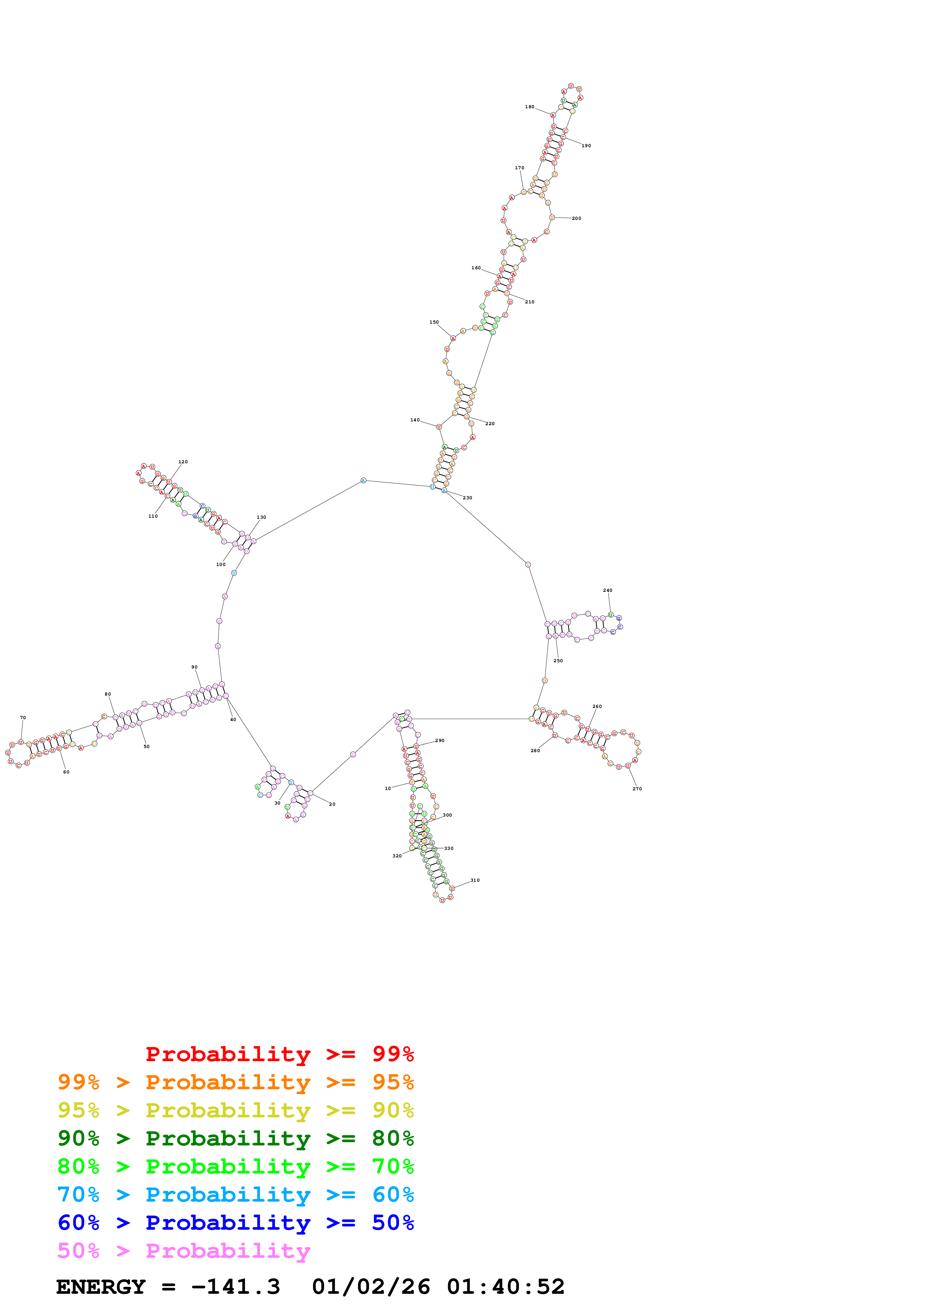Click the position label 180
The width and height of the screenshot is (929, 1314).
pyautogui.click(x=530, y=107)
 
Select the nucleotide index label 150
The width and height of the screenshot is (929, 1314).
pyautogui.click(x=434, y=322)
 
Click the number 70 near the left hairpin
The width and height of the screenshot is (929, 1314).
pyautogui.click(x=23, y=718)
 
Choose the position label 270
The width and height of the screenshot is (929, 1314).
pyautogui.click(x=637, y=788)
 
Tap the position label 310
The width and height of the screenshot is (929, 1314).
pyautogui.click(x=475, y=880)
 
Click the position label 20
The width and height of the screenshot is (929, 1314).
pyautogui.click(x=332, y=804)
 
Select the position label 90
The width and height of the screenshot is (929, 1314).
pyautogui.click(x=194, y=667)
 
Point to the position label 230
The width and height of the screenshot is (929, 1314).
pyautogui.click(x=468, y=498)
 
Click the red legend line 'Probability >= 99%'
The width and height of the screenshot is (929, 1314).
pyautogui.click(x=279, y=1054)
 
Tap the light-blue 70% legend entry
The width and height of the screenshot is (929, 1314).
pyautogui.click(x=235, y=1195)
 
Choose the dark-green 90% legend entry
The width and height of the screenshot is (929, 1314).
pyautogui.click(x=235, y=1138)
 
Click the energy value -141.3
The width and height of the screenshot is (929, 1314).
pyautogui.click(x=235, y=1287)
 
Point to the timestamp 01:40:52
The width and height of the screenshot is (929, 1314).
pyautogui.click(x=506, y=1287)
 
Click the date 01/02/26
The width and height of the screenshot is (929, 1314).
pyautogui.click(x=371, y=1287)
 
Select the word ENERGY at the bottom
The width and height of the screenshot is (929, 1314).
pyautogui.click(x=101, y=1287)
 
